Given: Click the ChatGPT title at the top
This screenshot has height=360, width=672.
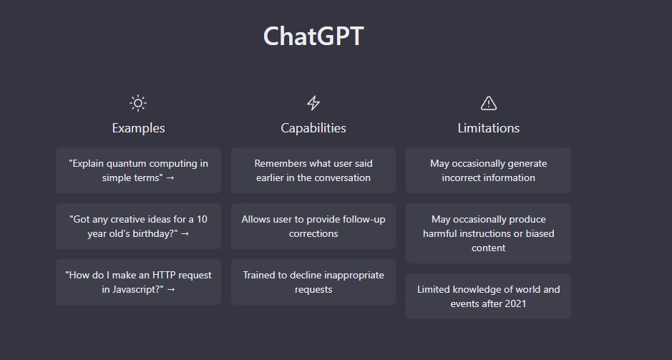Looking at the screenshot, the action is click(x=313, y=36).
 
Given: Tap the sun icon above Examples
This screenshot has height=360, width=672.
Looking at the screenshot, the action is click(x=138, y=103).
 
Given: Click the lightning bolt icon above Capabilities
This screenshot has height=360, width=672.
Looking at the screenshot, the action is click(x=313, y=103).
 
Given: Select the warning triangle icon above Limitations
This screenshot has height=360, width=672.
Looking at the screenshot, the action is click(x=489, y=103).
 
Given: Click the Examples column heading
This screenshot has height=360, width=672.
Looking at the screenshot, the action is click(x=138, y=128).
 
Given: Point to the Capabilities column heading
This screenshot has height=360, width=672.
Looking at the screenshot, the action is click(x=313, y=128).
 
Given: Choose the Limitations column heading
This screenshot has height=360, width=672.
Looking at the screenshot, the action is click(x=489, y=128).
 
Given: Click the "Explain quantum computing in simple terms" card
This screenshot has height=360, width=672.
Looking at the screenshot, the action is click(x=138, y=170).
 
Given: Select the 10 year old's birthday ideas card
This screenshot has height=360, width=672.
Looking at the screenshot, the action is click(x=138, y=226).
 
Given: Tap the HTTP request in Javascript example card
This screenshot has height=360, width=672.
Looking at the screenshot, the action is click(x=138, y=282).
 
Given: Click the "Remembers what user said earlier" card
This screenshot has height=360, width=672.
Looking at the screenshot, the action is click(x=313, y=170).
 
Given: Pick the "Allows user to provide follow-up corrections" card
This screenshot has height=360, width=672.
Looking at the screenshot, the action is click(x=313, y=226).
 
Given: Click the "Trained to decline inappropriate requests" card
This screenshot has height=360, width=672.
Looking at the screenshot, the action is click(x=313, y=282).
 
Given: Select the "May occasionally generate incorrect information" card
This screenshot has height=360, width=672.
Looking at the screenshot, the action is click(x=489, y=170).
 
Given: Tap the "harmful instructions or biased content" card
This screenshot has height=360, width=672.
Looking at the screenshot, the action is click(x=489, y=233).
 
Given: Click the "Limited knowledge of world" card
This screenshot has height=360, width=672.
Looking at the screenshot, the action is click(x=489, y=296).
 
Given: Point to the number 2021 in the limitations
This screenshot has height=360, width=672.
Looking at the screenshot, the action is click(x=515, y=304).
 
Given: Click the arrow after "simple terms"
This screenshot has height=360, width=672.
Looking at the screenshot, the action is click(x=170, y=178).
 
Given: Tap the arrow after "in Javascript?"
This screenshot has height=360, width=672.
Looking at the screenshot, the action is click(x=171, y=290).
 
